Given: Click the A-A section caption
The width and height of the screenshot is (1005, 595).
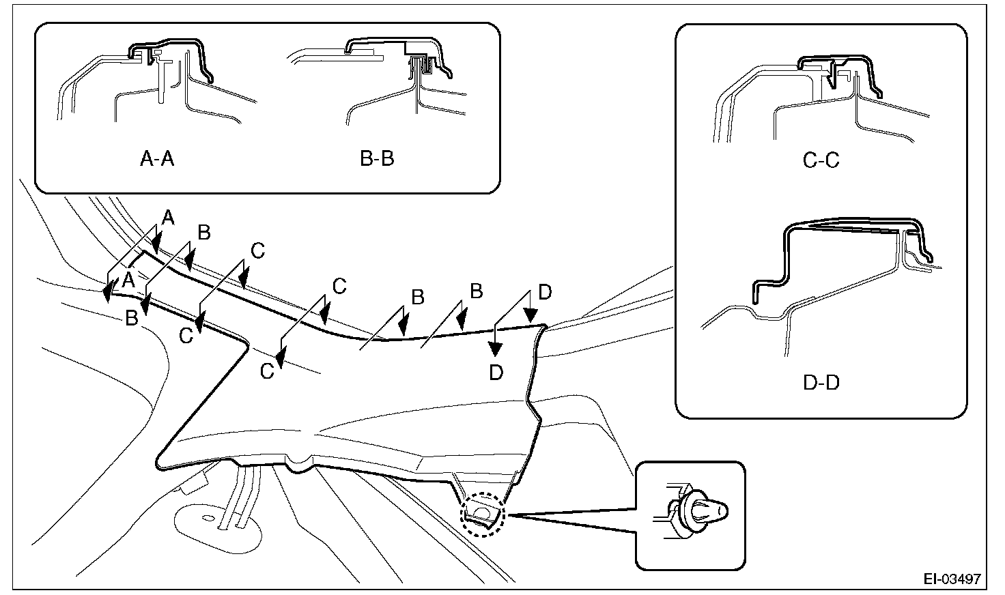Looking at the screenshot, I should pyautogui.click(x=157, y=159).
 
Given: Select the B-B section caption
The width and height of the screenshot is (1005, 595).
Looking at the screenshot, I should pyautogui.click(x=377, y=159).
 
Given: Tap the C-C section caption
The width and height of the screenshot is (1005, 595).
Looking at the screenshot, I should pyautogui.click(x=821, y=161).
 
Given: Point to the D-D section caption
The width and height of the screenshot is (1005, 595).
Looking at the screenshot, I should pyautogui.click(x=821, y=382).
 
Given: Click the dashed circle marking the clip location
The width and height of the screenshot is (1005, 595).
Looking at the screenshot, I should pyautogui.click(x=483, y=515).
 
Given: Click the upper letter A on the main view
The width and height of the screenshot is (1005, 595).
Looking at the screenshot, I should pyautogui.click(x=168, y=218).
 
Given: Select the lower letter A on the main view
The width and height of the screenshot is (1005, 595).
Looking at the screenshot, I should pyautogui.click(x=128, y=279).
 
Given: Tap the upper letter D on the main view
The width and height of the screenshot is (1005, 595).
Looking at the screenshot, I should pyautogui.click(x=544, y=293).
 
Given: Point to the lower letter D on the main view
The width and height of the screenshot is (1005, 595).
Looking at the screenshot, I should pyautogui.click(x=496, y=373).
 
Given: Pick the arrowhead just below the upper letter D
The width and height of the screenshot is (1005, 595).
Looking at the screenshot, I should pyautogui.click(x=529, y=315).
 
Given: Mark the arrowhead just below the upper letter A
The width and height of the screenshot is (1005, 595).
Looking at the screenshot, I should pyautogui.click(x=157, y=242).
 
